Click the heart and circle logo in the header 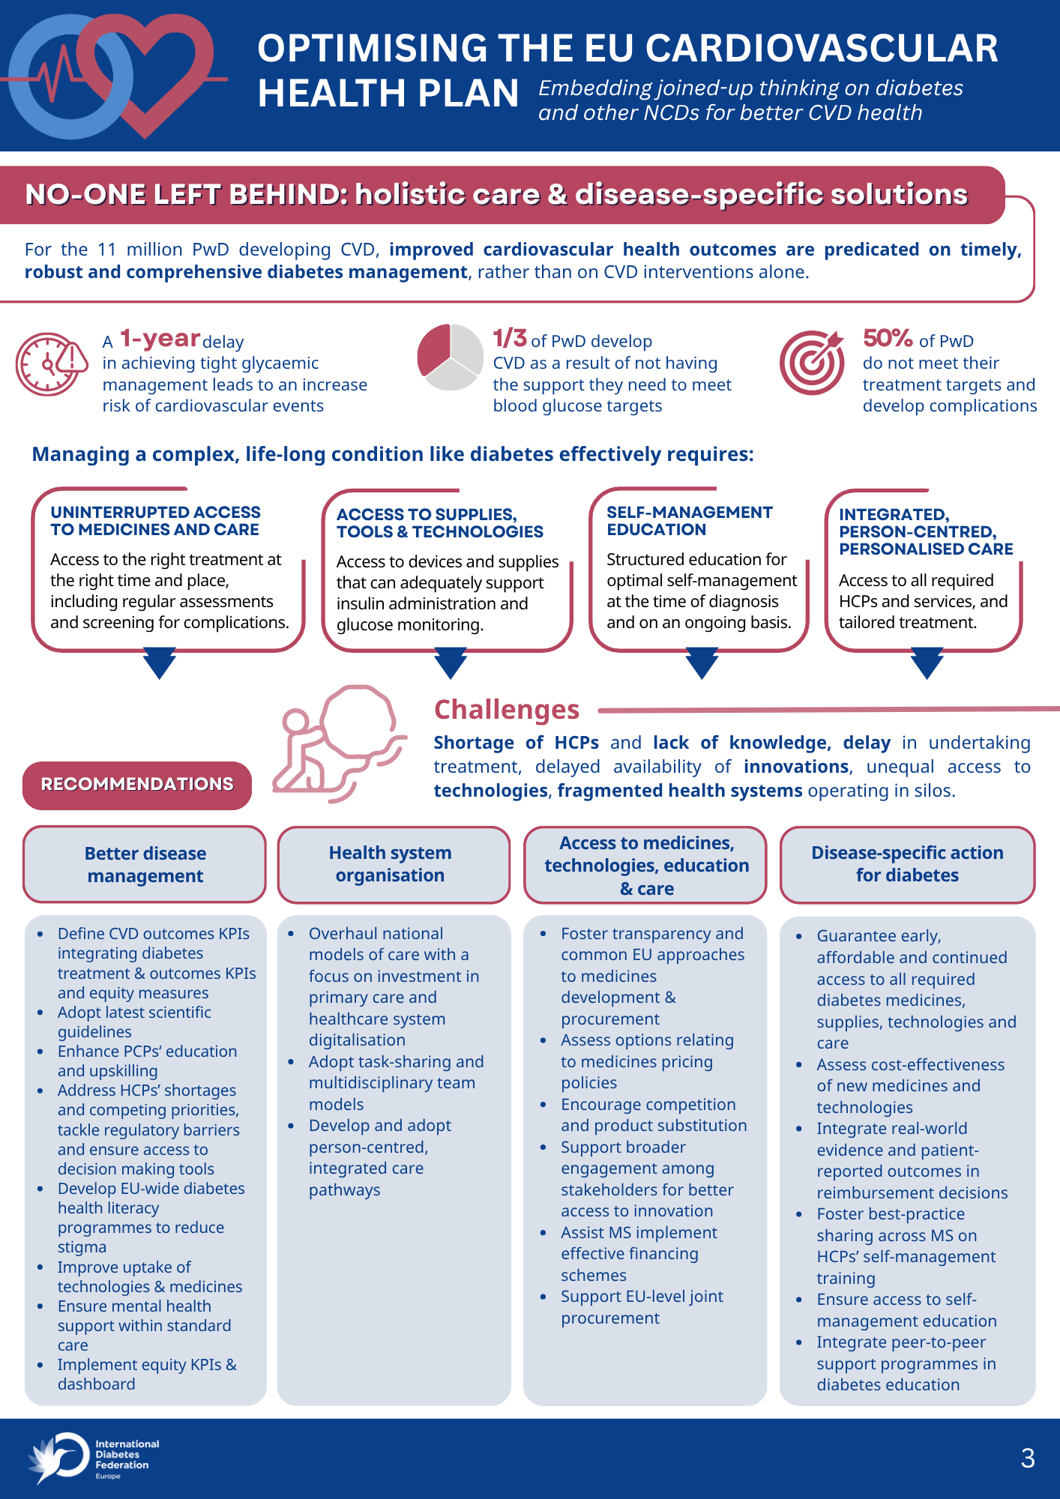coord(112,75)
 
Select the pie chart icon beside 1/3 coord(450,357)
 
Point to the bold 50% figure coord(888,338)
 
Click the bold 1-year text coord(160,339)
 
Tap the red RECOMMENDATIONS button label coord(137,785)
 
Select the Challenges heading coord(507,709)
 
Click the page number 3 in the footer coord(1028,1458)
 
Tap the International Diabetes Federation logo coord(94,1458)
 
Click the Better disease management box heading coord(145,864)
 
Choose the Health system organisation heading coord(390,863)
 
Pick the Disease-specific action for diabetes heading coord(907,863)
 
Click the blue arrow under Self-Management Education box coord(702,663)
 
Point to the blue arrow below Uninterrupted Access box coord(160,663)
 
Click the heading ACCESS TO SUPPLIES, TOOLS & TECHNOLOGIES coord(440,523)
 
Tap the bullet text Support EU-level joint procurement coord(642,1307)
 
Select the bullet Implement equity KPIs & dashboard coord(147,1375)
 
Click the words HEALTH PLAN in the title coord(388,94)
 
